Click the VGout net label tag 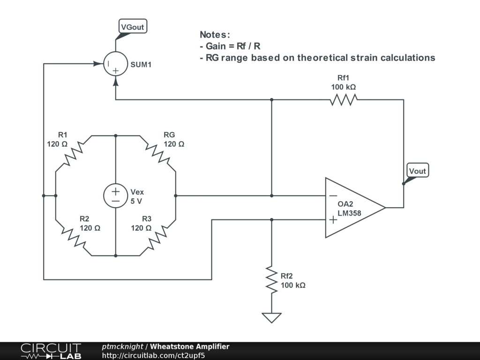132,27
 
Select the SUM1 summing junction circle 115,64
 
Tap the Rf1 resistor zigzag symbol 344,99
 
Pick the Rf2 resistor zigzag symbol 271,280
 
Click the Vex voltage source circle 115,195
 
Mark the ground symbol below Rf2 271,317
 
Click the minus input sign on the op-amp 332,195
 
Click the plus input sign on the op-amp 332,219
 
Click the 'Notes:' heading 215,34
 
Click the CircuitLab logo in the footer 51,351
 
